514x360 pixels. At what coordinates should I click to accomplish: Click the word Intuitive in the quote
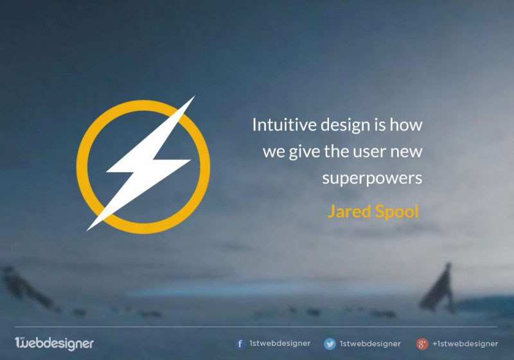click(284, 125)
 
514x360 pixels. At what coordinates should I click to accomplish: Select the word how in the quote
click(406, 125)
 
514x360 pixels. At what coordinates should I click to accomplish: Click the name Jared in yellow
click(349, 211)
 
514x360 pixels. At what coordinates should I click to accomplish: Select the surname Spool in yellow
click(396, 212)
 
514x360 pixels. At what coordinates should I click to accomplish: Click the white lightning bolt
click(144, 163)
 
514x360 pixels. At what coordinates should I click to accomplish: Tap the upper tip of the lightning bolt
click(195, 96)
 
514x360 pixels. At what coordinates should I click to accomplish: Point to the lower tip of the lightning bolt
click(87, 231)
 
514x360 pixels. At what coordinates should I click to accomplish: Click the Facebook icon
click(240, 343)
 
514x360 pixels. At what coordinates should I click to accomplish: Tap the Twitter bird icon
click(330, 344)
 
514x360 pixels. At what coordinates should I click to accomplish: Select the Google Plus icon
click(422, 344)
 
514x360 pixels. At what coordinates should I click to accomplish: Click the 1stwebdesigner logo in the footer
click(54, 343)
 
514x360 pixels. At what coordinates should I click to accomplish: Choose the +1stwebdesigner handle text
click(465, 343)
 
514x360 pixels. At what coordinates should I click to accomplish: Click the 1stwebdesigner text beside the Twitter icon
click(370, 343)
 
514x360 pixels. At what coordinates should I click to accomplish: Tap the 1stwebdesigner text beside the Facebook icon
click(279, 343)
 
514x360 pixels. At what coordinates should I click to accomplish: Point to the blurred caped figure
click(438, 289)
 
